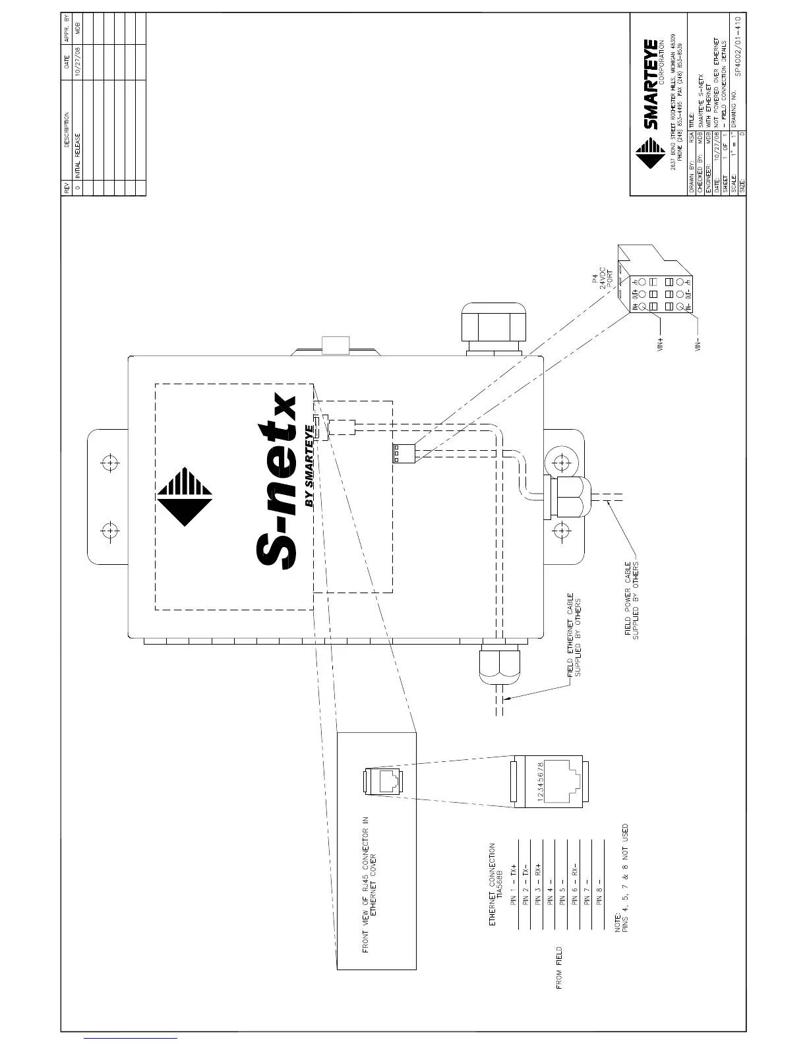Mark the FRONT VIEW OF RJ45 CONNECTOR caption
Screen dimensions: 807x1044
(x=370, y=883)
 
